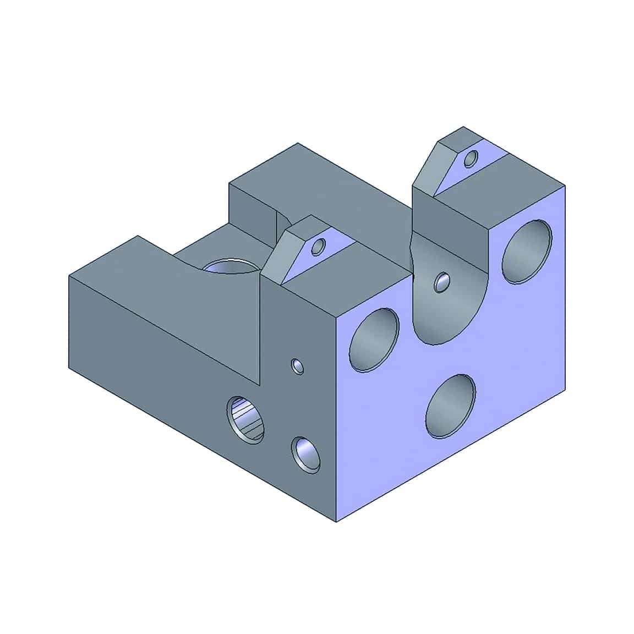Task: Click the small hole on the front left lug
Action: click(318, 248)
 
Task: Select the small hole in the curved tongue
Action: click(441, 282)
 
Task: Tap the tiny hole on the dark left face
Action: click(297, 365)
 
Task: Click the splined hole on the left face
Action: click(245, 418)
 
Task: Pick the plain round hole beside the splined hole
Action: click(305, 455)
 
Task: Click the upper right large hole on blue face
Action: click(527, 252)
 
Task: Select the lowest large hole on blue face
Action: click(451, 406)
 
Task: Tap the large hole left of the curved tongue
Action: click(374, 340)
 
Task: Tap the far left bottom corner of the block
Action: click(69, 368)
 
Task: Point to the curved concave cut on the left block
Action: click(231, 259)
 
